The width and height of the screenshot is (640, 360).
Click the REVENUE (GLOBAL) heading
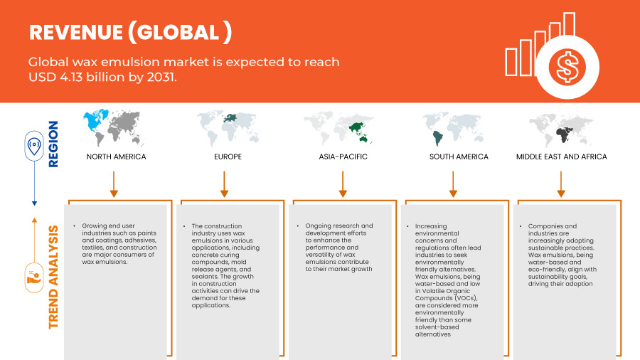[131, 32]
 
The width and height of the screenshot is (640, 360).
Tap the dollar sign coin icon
[567, 67]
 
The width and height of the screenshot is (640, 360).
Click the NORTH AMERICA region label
[116, 157]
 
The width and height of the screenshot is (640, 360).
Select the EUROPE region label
[228, 157]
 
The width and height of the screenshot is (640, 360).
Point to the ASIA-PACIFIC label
[343, 157]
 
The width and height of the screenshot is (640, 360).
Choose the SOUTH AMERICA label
[459, 157]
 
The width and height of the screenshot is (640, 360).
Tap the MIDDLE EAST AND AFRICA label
[561, 157]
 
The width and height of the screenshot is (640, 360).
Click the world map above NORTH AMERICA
[114, 127]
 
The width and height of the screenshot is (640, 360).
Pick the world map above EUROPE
[228, 129]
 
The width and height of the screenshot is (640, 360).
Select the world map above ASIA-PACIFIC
[338, 129]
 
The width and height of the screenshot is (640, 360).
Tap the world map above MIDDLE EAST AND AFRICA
[561, 130]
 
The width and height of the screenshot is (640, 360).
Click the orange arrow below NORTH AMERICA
[114, 184]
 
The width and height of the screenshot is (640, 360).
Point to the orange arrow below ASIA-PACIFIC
[343, 184]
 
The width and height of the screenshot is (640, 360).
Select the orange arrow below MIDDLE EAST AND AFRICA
[561, 184]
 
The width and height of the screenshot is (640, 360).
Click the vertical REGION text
[53, 144]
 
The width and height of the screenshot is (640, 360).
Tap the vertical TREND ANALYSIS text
[53, 277]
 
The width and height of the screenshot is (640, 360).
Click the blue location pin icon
[34, 146]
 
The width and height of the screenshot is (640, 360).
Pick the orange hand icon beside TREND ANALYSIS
[34, 278]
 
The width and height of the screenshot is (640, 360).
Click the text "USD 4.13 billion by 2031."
[102, 77]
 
